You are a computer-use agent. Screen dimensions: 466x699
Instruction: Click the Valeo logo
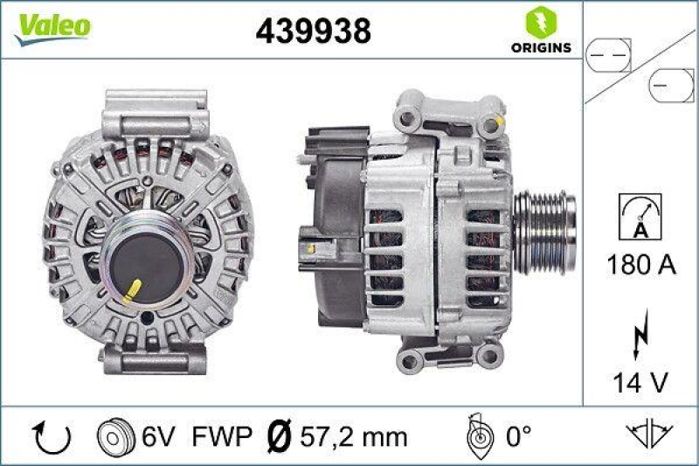53,26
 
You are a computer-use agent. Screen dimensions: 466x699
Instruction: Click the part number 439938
313,31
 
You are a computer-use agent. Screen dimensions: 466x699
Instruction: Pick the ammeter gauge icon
640,216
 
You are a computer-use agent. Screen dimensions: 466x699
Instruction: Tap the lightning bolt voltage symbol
640,333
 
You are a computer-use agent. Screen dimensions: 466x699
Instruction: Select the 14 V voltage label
640,381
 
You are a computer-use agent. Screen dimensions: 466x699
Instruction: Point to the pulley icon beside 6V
116,436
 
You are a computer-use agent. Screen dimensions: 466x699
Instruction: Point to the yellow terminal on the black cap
138,289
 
